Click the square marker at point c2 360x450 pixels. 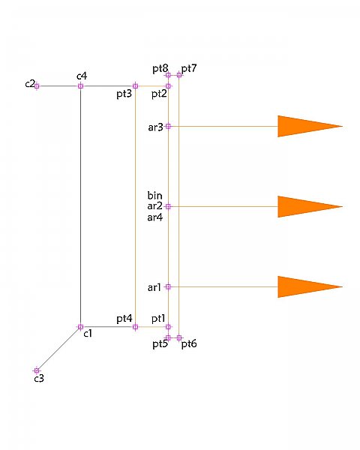tap(37, 85)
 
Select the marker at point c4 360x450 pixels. tap(81, 85)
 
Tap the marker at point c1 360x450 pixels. tap(81, 326)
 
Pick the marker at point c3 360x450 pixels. tap(37, 370)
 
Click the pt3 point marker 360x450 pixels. tap(136, 85)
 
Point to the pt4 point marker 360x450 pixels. tap(136, 326)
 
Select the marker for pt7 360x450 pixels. tap(179, 75)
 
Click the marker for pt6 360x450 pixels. tap(179, 337)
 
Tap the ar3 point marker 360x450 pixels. tap(168, 126)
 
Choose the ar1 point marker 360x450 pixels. tap(168, 286)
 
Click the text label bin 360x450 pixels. tap(154, 196)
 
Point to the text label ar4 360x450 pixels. tap(155, 217)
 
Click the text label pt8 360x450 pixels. tap(160, 69)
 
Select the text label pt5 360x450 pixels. tap(160, 344)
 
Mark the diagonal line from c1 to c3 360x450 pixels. tap(58, 349)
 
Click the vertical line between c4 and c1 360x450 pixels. tap(81, 206)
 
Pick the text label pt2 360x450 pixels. tap(159, 94)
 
